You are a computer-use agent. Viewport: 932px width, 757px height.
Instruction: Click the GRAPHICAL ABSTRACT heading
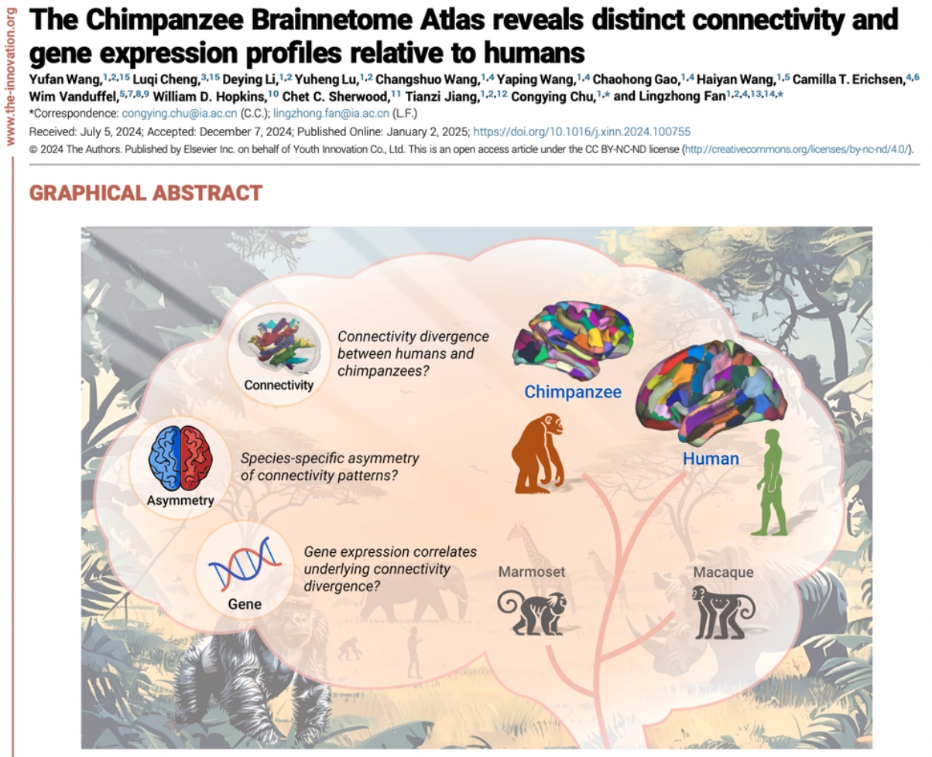point(146,193)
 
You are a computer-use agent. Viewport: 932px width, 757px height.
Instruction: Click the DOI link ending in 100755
point(581,132)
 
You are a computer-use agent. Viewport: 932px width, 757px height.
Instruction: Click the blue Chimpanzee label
point(572,392)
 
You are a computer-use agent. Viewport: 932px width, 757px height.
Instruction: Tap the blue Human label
point(710,459)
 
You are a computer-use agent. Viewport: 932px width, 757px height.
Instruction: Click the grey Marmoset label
point(532,573)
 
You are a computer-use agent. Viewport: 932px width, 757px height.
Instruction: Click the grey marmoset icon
point(531,612)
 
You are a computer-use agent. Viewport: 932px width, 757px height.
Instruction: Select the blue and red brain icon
point(180,458)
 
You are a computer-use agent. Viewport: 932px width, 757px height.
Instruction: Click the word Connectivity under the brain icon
point(279,385)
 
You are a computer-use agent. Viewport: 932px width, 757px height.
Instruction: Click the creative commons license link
point(797,148)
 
